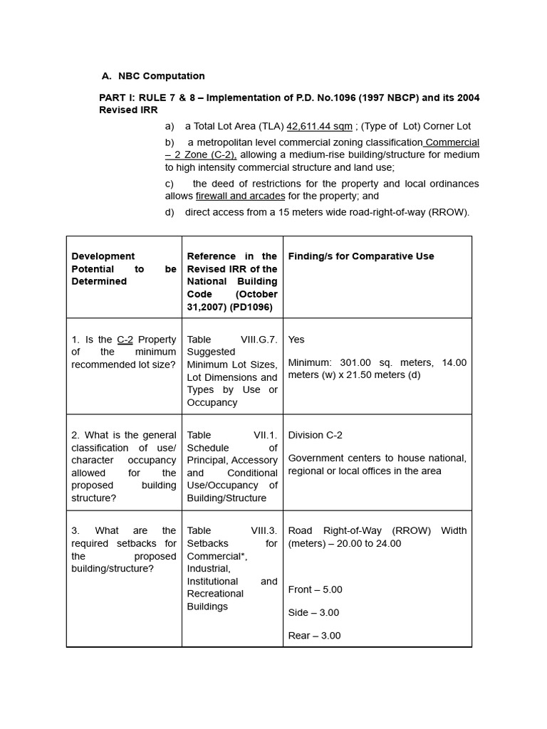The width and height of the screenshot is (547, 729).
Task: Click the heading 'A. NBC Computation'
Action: point(153,75)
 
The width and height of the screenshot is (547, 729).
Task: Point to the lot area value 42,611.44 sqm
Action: point(319,126)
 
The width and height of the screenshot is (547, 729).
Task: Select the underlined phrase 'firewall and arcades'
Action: point(240,196)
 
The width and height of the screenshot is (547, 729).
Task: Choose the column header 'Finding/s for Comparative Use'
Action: point(360,256)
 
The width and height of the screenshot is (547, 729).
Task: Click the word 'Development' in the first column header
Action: point(103,256)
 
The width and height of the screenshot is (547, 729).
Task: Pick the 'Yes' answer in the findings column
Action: point(296,340)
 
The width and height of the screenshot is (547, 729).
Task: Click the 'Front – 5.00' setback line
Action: point(315,589)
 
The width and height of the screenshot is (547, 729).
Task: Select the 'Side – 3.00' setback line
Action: point(313,612)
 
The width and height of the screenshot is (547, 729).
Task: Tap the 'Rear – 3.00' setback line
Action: point(314,636)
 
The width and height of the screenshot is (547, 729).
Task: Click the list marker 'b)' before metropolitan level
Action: point(170,142)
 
